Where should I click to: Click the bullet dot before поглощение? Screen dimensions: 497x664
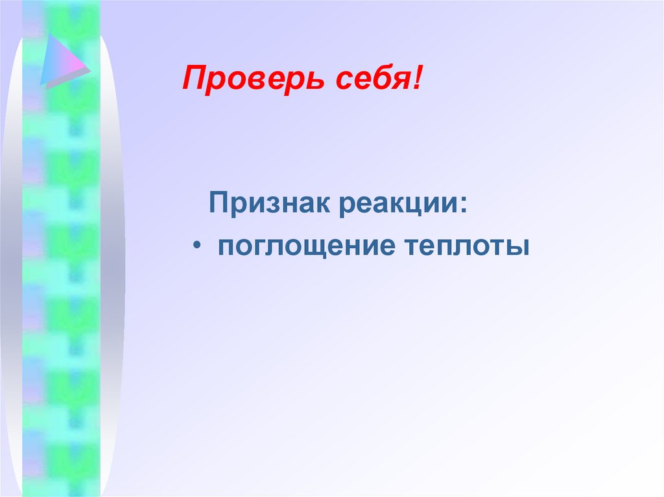pyautogui.click(x=197, y=247)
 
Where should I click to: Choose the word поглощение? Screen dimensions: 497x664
pyautogui.click(x=306, y=248)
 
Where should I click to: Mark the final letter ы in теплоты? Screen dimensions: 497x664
pyautogui.click(x=519, y=247)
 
